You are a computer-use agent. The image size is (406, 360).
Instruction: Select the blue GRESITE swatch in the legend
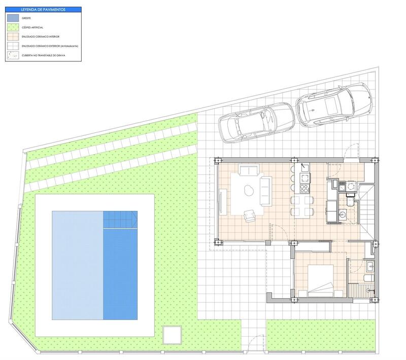(x=14, y=18)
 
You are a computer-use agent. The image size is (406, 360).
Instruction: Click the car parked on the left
(x=256, y=122)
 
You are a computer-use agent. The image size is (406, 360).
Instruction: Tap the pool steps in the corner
(x=120, y=220)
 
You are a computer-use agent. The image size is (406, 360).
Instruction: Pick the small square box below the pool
(x=172, y=335)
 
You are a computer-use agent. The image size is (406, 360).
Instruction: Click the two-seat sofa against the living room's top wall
(x=249, y=171)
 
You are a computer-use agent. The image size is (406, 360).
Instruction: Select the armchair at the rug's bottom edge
(x=250, y=216)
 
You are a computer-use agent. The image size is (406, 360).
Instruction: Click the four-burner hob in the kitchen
(x=304, y=189)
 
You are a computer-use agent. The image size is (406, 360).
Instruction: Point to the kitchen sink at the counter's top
(x=305, y=167)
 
